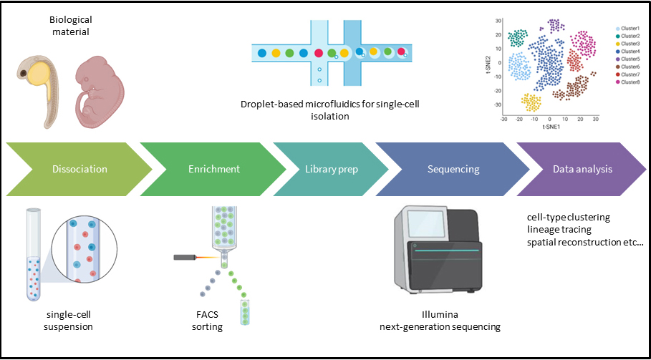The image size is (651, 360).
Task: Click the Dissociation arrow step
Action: [x=79, y=170]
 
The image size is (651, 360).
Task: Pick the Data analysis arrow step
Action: [x=581, y=170]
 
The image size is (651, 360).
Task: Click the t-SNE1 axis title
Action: [x=550, y=127]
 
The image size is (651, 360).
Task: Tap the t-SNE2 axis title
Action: [x=489, y=67]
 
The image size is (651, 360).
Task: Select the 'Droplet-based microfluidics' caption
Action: [x=330, y=110]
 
